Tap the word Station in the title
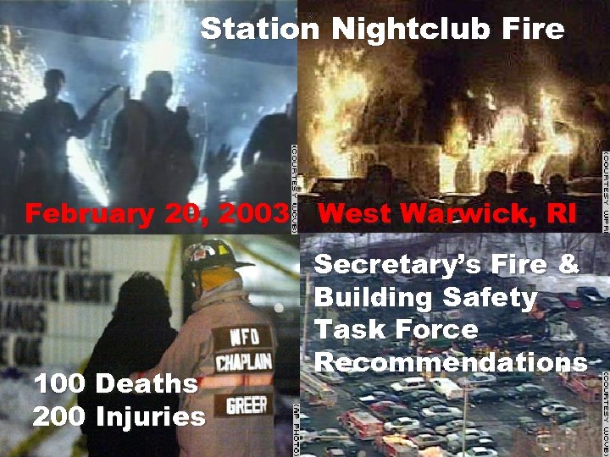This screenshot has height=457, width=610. [x=259, y=30]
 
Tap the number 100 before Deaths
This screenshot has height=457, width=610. [x=59, y=384]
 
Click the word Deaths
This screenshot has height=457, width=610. [x=147, y=384]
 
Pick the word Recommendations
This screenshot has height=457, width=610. [x=452, y=362]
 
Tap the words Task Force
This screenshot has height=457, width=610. [x=396, y=330]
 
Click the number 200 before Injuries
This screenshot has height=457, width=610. [x=60, y=416]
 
